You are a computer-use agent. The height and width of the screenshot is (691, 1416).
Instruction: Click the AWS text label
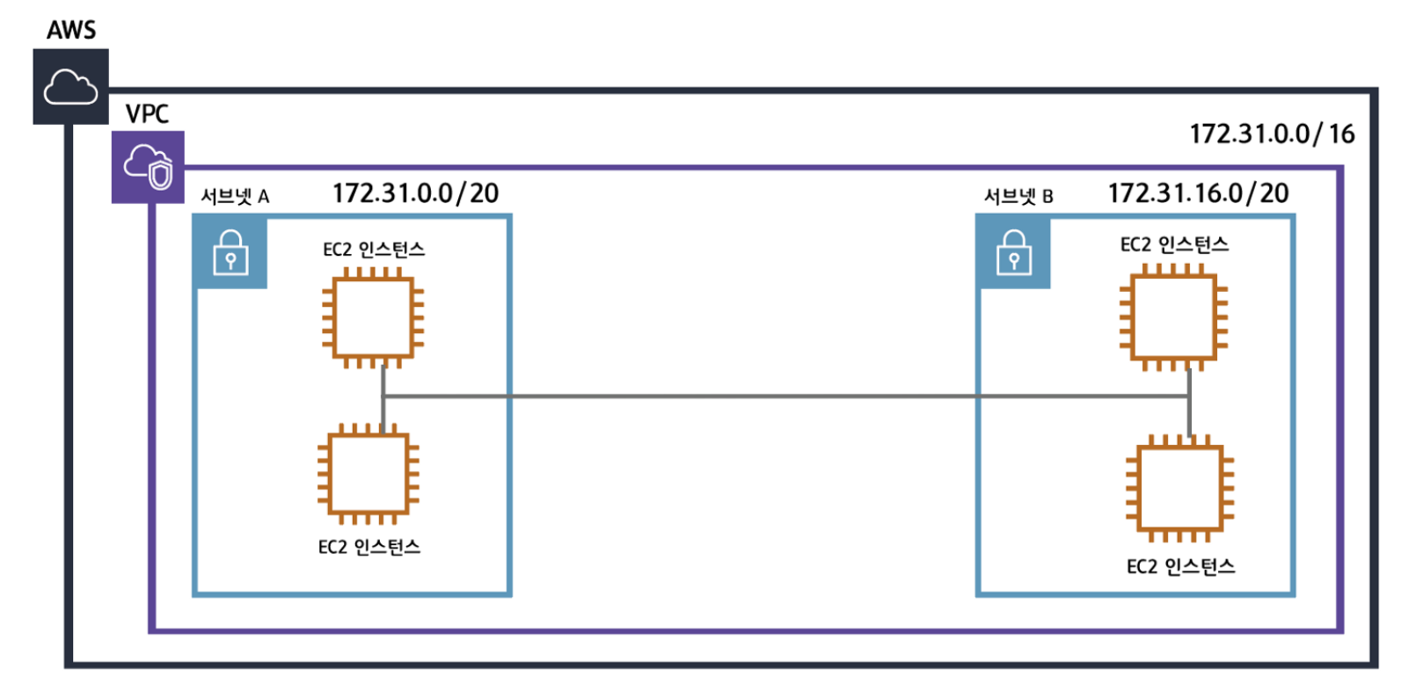point(71,30)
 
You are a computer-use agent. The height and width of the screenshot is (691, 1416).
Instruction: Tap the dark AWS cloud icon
point(70,87)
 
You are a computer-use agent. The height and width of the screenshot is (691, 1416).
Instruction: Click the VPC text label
point(147,114)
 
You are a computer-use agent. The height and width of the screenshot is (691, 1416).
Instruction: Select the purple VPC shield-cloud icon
point(148,166)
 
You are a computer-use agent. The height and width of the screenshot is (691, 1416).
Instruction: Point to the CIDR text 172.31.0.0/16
point(1272,134)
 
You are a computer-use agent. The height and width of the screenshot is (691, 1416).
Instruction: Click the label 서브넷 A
point(235,196)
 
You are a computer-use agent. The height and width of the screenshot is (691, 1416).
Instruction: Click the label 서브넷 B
point(1018,196)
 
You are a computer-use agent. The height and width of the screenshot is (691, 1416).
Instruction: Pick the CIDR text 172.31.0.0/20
point(415,193)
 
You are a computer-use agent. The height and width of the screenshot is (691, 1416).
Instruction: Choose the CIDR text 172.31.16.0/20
point(1198,193)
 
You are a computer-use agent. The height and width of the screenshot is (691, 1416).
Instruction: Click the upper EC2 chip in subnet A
point(373,317)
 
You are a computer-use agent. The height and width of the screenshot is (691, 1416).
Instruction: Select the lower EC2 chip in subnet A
point(369,473)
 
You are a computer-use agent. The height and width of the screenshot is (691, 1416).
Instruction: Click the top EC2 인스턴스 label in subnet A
point(374,250)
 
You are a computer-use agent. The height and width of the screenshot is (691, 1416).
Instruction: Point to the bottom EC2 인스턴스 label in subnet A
point(369,547)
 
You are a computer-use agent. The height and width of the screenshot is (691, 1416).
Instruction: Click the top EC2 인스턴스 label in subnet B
point(1174,244)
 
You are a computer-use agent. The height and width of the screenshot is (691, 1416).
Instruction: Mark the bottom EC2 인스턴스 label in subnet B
point(1180,566)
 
